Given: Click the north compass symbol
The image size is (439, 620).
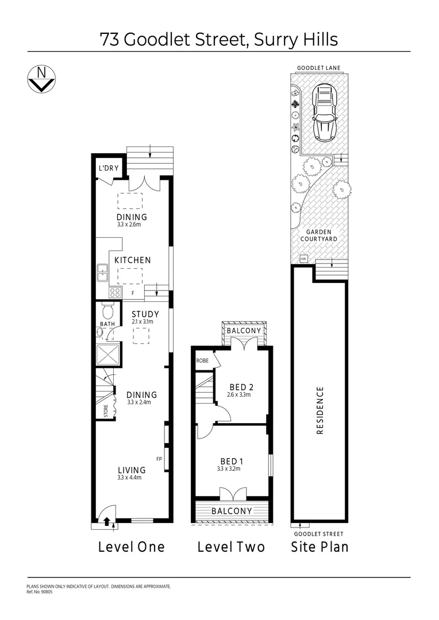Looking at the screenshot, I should click(41, 79).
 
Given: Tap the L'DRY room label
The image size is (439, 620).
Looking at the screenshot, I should click(108, 168).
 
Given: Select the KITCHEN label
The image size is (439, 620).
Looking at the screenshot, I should click(132, 260).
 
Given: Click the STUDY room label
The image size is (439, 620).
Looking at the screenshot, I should click(145, 314).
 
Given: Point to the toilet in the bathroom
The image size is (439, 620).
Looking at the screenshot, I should click(107, 312).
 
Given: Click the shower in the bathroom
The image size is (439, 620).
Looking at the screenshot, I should click(109, 356).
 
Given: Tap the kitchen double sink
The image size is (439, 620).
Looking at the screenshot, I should click(103, 273).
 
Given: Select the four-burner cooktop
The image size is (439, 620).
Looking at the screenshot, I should click(115, 292).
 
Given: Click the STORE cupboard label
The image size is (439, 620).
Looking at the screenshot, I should click(106, 410).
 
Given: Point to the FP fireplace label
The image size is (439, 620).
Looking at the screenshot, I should click(159, 459).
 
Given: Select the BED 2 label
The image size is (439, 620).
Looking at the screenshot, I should click(241, 386).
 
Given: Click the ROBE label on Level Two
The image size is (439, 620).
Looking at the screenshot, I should click(202, 361).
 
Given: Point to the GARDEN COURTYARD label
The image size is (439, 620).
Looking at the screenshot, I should click(318, 235).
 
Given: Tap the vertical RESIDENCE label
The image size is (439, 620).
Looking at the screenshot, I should click(320, 410).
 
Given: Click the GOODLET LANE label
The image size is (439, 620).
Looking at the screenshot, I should click(318, 68).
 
